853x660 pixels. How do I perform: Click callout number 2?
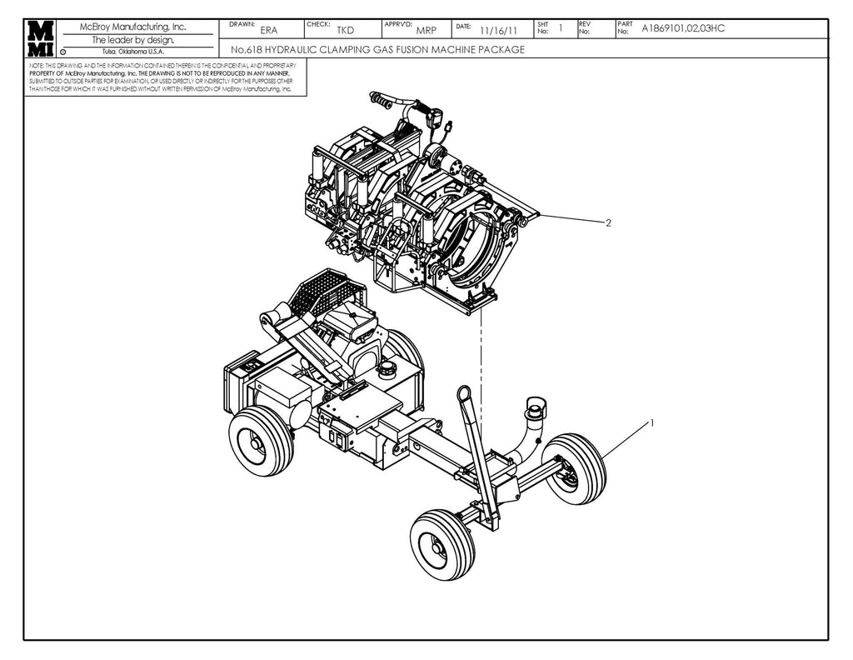(x=609, y=223)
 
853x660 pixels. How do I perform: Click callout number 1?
(x=651, y=422)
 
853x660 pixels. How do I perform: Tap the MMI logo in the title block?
(x=40, y=37)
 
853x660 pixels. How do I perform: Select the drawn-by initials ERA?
(x=269, y=30)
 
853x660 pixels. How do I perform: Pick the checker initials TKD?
(x=346, y=30)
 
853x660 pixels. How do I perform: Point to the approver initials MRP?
(x=426, y=30)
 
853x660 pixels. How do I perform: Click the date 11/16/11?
(x=499, y=31)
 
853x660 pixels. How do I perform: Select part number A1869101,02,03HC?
(x=683, y=28)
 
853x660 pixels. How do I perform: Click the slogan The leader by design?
(x=133, y=39)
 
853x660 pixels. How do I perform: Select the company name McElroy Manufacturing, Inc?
(x=133, y=27)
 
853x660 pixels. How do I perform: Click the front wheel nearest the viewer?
(x=442, y=544)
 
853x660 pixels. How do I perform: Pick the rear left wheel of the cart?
(x=262, y=441)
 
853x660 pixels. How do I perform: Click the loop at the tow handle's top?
(x=465, y=393)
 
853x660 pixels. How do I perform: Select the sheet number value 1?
(x=561, y=28)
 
